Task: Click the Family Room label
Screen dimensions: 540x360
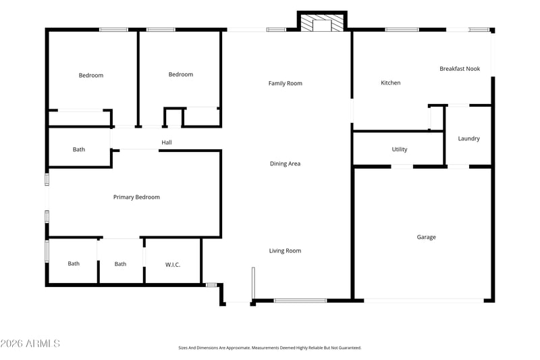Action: click(285, 83)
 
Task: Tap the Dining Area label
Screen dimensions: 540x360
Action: click(285, 163)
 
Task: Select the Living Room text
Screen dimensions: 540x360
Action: click(285, 251)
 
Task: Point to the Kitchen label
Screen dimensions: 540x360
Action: click(391, 82)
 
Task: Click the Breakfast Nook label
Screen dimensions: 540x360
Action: click(460, 68)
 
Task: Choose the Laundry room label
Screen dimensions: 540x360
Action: click(468, 138)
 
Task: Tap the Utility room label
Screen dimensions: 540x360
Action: click(400, 149)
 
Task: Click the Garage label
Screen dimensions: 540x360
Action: click(427, 237)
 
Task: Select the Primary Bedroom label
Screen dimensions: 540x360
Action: click(136, 197)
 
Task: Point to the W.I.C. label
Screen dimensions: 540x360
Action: click(173, 265)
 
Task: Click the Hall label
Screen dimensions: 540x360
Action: click(167, 143)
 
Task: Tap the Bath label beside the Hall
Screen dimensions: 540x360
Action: click(78, 149)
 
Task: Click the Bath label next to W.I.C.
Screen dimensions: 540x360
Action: click(120, 264)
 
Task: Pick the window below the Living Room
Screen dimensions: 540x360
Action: click(300, 301)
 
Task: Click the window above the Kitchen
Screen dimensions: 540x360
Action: click(402, 30)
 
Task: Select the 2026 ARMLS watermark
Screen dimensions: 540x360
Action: click(30, 344)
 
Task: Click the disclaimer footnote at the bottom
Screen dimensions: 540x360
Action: click(270, 348)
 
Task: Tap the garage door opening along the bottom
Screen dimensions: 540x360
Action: click(424, 301)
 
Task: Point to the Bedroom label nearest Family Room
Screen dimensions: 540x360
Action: click(180, 74)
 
